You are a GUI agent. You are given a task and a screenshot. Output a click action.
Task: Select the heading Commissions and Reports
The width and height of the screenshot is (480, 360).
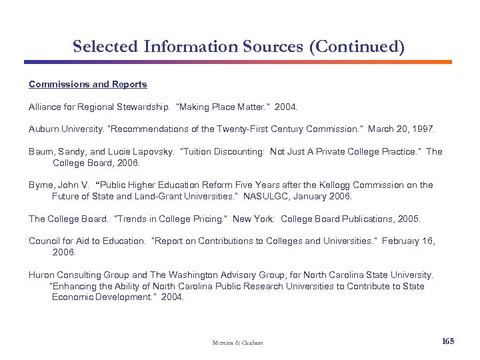click(x=87, y=85)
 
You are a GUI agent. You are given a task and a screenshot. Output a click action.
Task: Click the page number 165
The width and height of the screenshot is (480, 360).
click(x=448, y=341)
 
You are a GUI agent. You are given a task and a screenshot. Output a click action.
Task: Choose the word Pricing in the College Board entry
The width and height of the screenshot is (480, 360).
click(x=207, y=219)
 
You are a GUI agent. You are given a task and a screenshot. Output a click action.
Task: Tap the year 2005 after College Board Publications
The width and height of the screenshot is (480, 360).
click(x=409, y=219)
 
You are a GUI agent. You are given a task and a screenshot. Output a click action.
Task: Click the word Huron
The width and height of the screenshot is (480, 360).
click(x=42, y=275)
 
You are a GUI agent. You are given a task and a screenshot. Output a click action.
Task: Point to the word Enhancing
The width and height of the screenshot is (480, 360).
click(x=75, y=286)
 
